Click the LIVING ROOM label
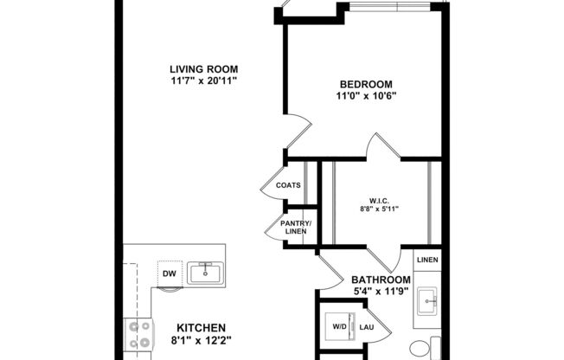click(x=203, y=69)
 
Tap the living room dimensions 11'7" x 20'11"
click(x=203, y=80)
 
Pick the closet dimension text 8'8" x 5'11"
click(x=379, y=209)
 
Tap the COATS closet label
click(x=288, y=185)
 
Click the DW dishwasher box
click(x=169, y=274)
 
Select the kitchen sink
click(x=205, y=273)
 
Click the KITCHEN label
click(x=202, y=328)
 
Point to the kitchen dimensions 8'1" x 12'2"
click(x=202, y=341)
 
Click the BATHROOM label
click(x=380, y=280)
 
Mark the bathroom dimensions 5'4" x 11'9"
click(x=380, y=292)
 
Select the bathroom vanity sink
click(x=429, y=302)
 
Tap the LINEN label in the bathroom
click(x=427, y=260)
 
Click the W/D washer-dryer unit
click(x=339, y=327)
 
